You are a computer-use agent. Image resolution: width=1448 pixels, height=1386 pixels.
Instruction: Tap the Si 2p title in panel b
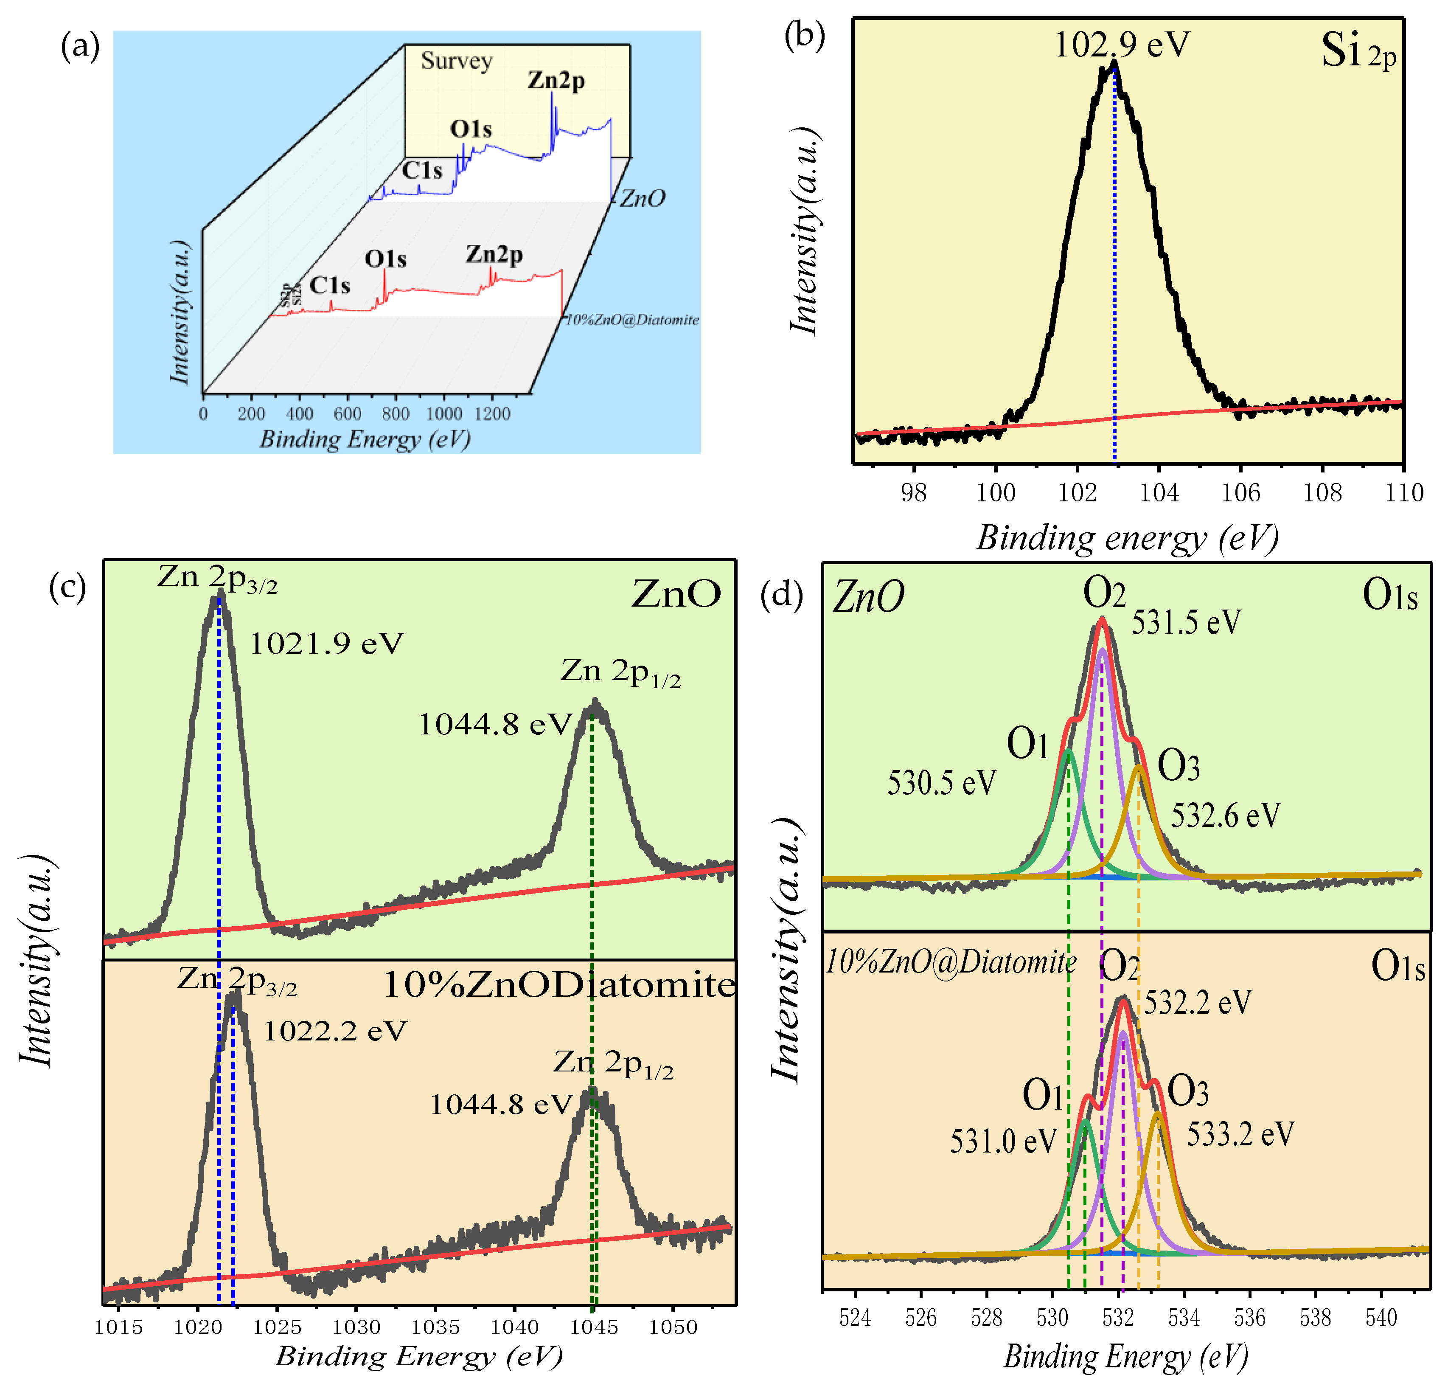point(1358,52)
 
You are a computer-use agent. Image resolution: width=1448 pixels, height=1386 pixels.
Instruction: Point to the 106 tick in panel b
point(1241,493)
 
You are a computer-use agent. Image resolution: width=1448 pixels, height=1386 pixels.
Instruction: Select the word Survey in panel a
point(457,61)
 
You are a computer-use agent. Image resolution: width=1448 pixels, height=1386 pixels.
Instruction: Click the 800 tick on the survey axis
point(396,414)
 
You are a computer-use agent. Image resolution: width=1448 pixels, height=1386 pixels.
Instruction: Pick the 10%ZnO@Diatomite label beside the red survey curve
point(631,320)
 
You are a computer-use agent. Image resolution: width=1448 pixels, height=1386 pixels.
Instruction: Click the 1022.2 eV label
point(335,1031)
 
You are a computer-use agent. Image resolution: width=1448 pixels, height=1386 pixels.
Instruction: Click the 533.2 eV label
point(1240,1134)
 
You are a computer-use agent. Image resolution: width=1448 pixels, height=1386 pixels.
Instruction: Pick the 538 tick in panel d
point(1316,1318)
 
